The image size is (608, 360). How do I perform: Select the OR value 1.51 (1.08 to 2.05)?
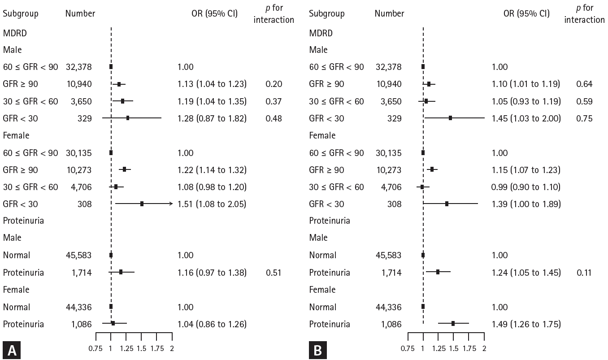click(x=212, y=204)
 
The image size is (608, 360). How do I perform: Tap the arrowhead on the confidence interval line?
click(x=171, y=204)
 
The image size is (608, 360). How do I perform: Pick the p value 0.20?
click(x=274, y=84)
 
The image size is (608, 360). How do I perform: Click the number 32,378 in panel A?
click(x=78, y=67)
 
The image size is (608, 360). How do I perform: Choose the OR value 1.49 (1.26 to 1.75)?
click(x=525, y=324)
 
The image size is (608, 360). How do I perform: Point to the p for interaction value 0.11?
click(x=584, y=273)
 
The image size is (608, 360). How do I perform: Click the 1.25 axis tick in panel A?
click(x=126, y=348)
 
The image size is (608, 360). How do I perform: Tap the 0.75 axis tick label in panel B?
click(x=408, y=348)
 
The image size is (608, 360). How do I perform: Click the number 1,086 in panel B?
click(x=389, y=324)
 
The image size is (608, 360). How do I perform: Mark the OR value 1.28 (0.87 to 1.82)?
click(x=212, y=118)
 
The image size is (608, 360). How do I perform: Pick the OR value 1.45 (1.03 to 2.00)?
click(x=525, y=118)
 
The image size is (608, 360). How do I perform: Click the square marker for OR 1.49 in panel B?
click(x=453, y=323)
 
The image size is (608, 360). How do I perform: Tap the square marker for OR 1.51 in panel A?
click(x=142, y=204)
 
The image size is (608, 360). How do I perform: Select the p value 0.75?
click(x=584, y=118)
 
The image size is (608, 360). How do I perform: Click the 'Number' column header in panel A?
click(x=80, y=13)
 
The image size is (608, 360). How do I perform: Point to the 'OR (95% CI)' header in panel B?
click(x=526, y=13)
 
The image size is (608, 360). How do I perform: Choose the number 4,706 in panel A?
click(x=81, y=187)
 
